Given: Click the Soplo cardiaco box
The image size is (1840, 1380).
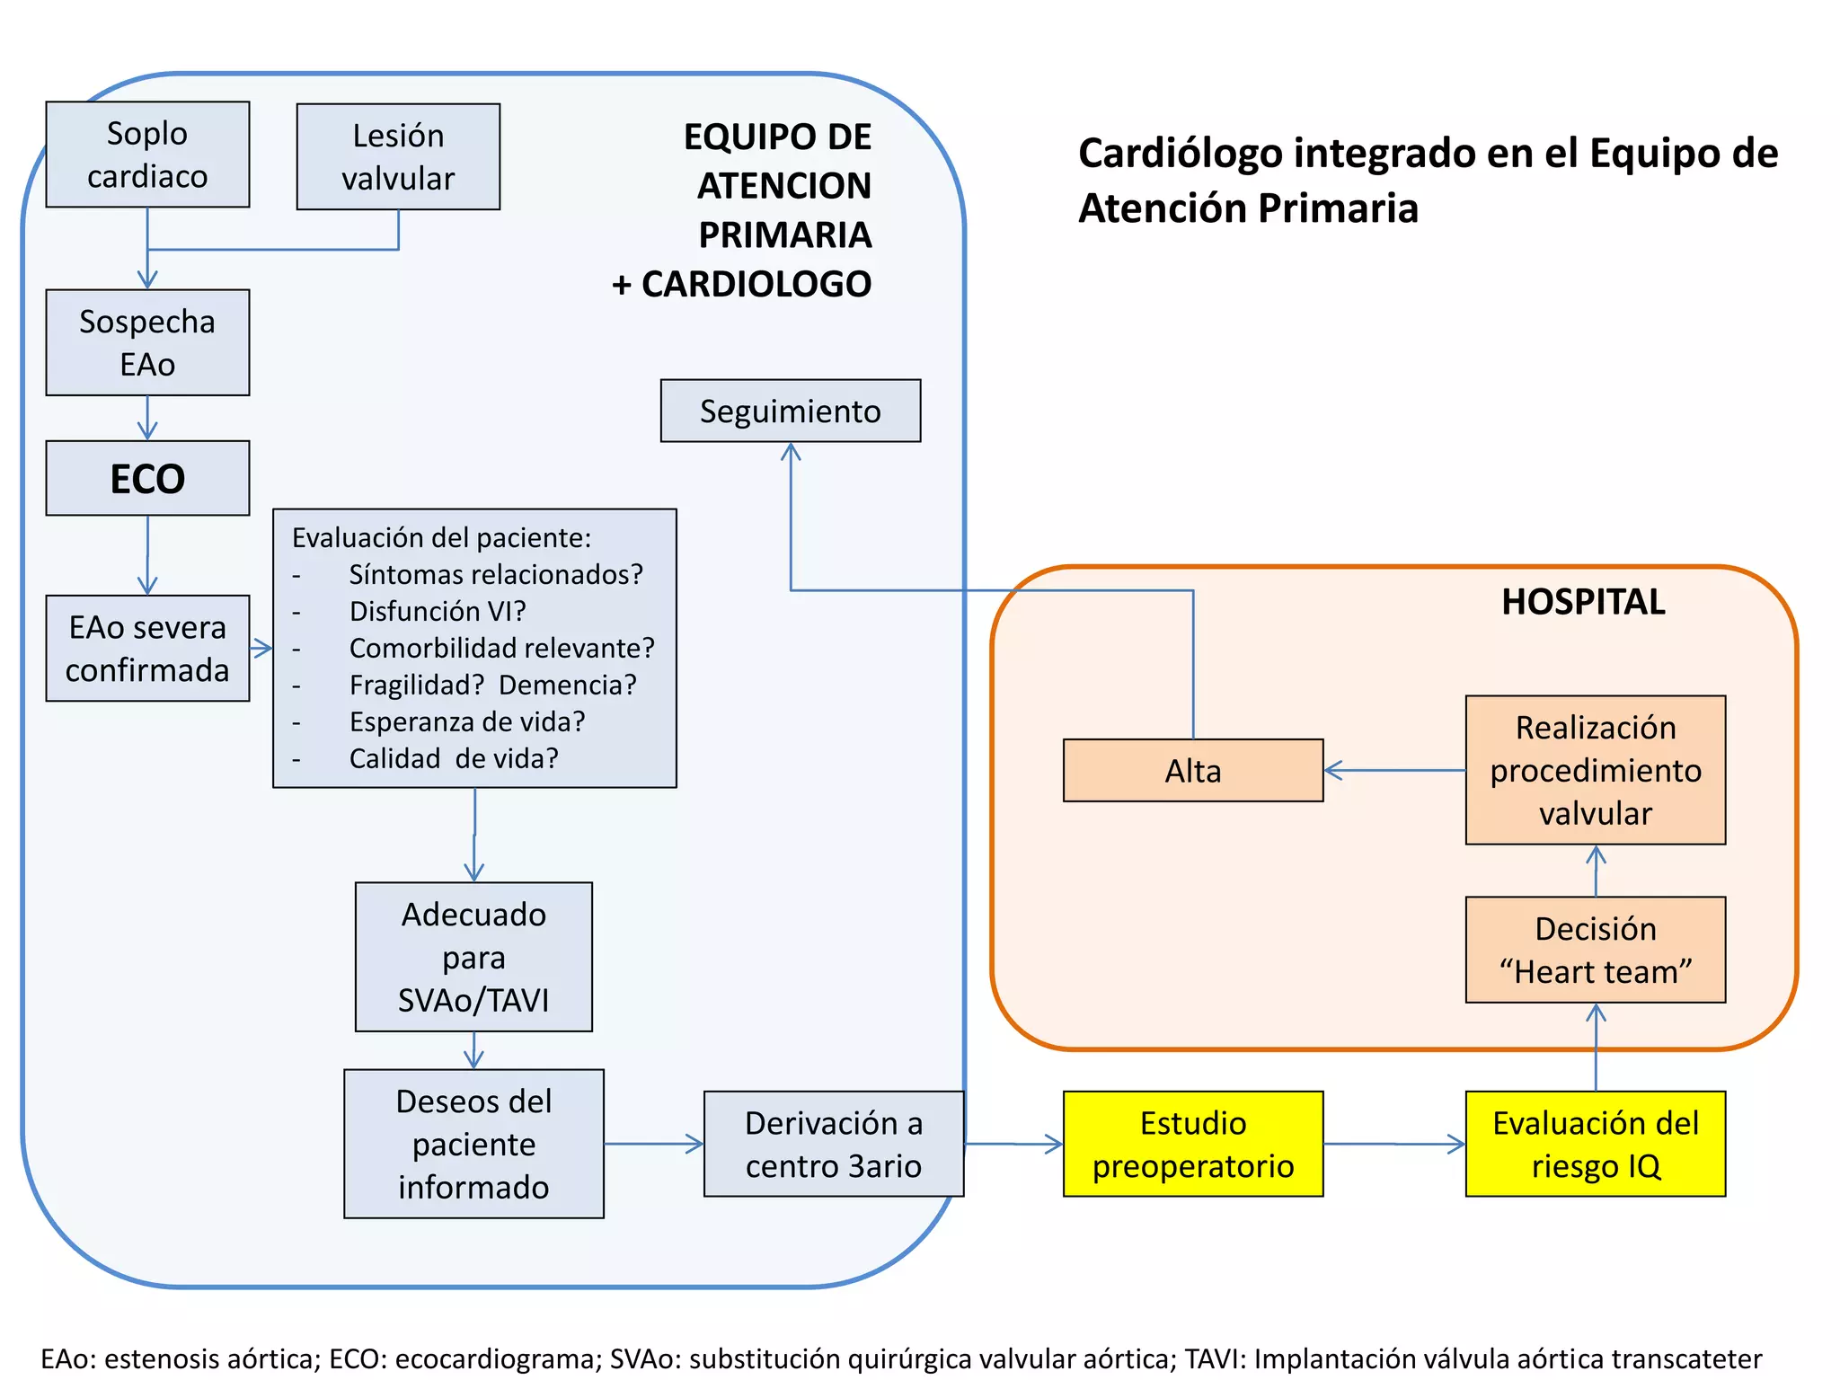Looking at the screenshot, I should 147,155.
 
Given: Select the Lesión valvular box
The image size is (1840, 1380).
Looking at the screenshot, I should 398,157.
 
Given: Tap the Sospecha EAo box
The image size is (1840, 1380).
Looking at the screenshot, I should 147,342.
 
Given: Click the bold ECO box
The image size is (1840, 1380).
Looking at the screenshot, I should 147,478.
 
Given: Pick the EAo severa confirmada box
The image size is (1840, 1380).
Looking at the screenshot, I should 147,648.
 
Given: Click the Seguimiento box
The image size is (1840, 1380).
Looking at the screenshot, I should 790,411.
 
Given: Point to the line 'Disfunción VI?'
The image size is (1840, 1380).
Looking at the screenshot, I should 437,611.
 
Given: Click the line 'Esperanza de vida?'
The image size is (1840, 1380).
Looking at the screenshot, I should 466,721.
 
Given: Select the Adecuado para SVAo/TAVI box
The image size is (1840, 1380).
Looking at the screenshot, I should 473,957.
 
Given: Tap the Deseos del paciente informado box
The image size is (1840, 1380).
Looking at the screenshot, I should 473,1144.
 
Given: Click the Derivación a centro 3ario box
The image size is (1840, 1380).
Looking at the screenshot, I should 833,1144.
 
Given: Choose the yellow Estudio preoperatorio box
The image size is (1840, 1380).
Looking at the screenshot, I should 1192,1144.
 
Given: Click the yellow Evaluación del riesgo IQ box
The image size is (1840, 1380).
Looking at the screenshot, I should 1595,1144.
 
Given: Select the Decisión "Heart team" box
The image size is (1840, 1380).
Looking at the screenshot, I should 1595,950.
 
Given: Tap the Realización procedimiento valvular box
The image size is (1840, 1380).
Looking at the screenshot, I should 1595,770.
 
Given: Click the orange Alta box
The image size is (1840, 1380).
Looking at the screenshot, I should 1192,770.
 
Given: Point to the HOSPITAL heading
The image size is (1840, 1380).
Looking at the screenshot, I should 1582,601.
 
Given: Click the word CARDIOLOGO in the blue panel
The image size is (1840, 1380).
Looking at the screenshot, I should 756,284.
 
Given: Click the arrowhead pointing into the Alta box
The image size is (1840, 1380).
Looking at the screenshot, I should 1332,770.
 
